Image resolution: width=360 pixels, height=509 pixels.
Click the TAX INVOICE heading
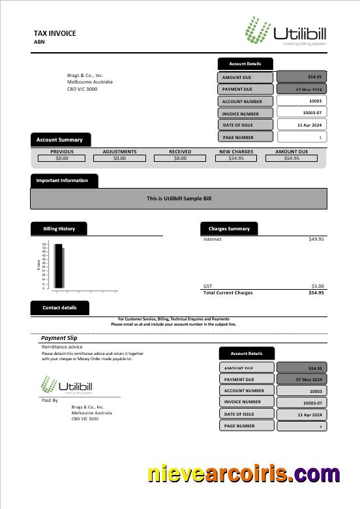[x=55, y=33]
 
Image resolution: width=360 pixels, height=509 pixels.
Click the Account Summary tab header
[x=60, y=140]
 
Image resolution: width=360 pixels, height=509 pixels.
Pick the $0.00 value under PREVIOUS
[x=62, y=158]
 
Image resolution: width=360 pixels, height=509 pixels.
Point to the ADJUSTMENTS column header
[x=119, y=151]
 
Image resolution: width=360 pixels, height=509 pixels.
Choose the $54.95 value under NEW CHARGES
[x=236, y=158]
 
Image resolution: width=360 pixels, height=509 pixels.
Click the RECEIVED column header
[x=180, y=151]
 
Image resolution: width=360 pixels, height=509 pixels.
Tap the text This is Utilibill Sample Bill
[x=179, y=198]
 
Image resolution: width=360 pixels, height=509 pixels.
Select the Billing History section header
[x=59, y=229]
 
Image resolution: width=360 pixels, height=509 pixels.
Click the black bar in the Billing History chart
[x=58, y=266]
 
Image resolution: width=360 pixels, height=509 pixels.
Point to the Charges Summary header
[x=229, y=229]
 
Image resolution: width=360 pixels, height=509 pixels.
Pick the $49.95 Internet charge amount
[x=316, y=239]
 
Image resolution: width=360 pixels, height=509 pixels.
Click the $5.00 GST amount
[x=317, y=286]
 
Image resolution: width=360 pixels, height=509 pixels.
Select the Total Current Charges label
[x=228, y=293]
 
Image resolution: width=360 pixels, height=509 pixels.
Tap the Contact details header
[x=59, y=307]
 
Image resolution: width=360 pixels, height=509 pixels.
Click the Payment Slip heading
[x=59, y=338]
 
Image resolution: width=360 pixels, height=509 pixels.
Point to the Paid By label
[x=50, y=400]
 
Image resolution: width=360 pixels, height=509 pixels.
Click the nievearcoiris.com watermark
[x=243, y=474]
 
